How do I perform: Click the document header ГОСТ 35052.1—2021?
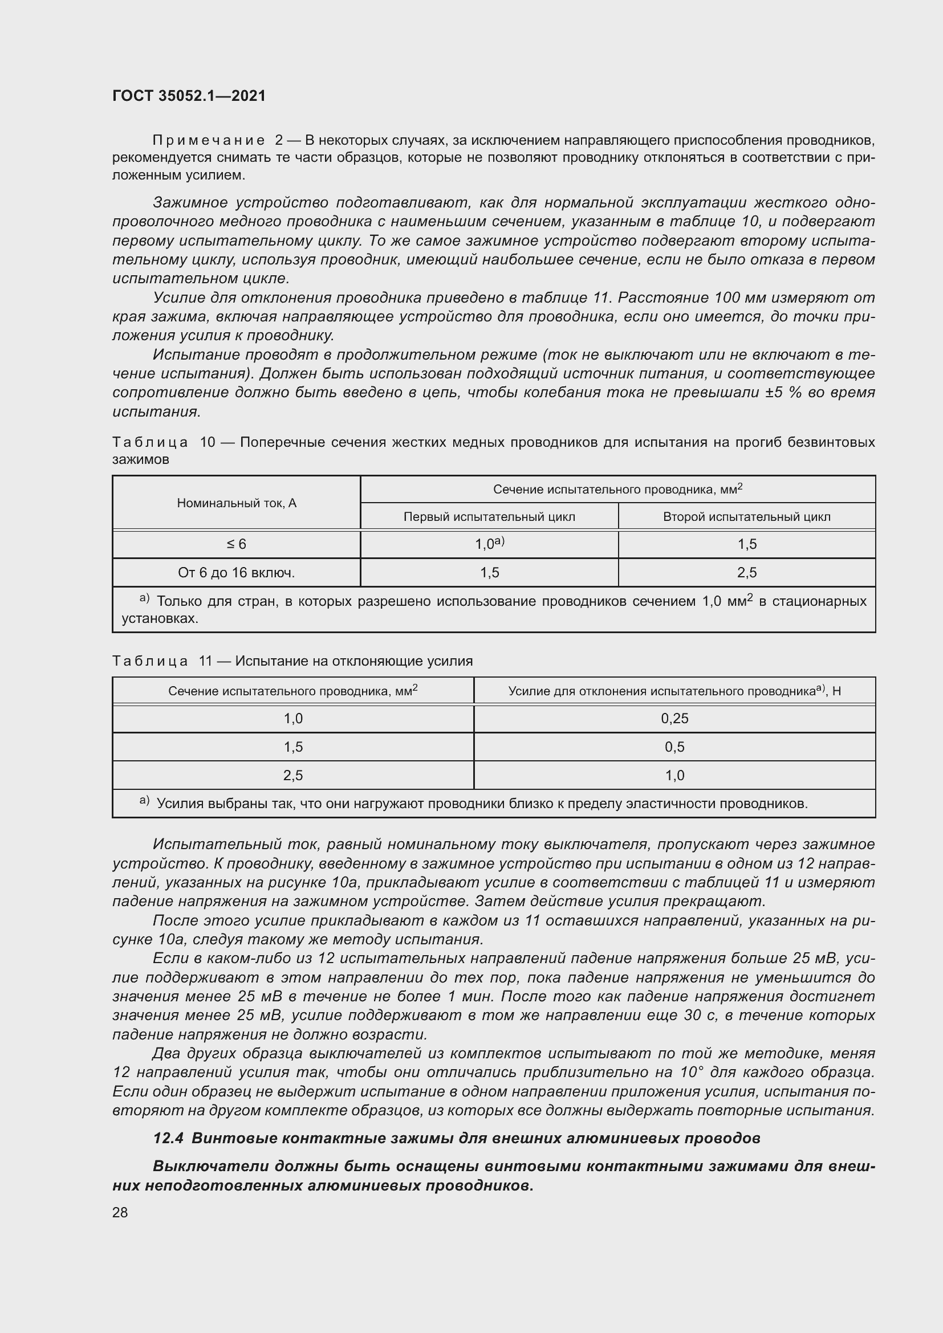(x=189, y=96)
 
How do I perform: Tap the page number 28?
(x=120, y=1212)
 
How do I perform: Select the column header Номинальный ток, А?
(x=237, y=503)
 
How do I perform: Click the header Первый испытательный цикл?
(x=489, y=517)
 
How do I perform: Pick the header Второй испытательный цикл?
(x=746, y=517)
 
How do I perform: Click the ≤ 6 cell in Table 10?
(x=237, y=544)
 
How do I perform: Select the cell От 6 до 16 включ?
(x=237, y=572)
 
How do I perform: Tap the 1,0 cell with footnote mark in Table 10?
(x=489, y=544)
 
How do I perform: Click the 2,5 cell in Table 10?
(x=746, y=572)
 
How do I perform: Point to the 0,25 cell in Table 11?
(x=674, y=718)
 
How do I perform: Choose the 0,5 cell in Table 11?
(x=674, y=747)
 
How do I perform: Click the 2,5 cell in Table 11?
(x=293, y=775)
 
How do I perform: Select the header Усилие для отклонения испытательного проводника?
(x=674, y=691)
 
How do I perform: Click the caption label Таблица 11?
(x=162, y=661)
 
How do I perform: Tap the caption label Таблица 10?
(x=163, y=442)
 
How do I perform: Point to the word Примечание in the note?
(x=209, y=141)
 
